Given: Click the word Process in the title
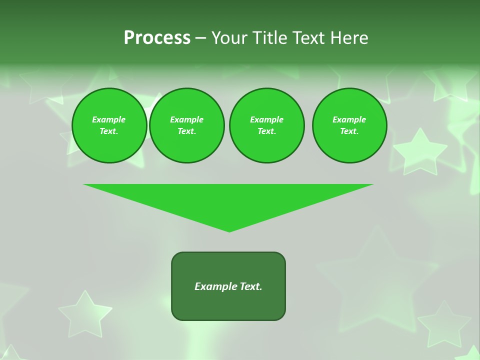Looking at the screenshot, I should coord(157,38).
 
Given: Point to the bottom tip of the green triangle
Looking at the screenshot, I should coord(229,231).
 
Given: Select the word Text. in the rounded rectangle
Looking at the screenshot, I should coord(250,286).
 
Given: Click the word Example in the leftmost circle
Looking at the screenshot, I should coord(109,119).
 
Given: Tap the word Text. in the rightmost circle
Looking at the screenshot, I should coord(349,131).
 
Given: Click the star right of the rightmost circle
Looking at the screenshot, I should coord(419,151).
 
